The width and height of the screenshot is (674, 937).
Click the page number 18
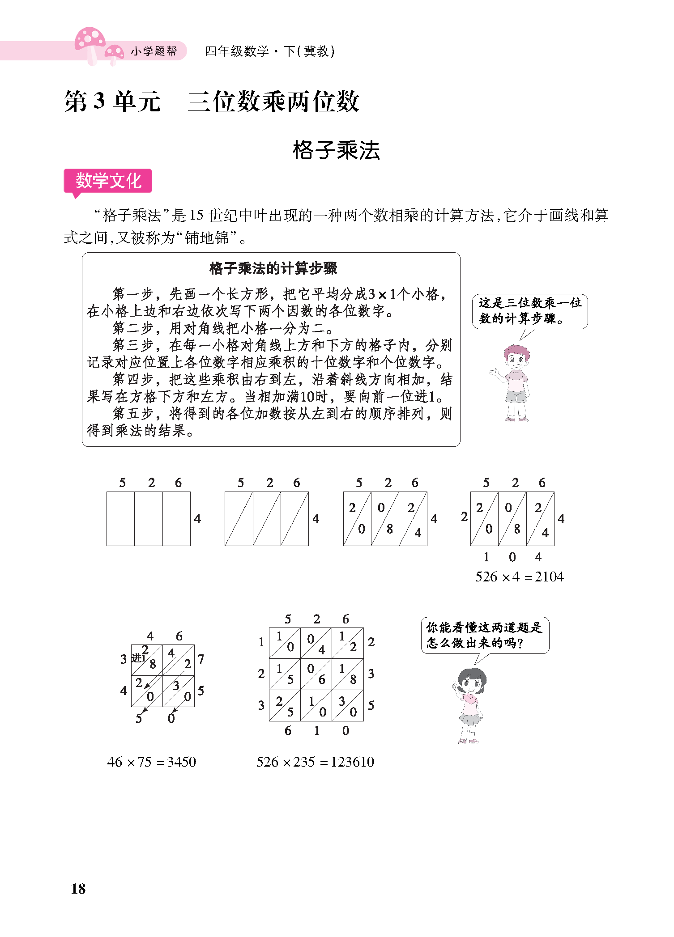(78, 889)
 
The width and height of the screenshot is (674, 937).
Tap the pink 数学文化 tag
(108, 181)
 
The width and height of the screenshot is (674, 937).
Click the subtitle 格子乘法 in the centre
(336, 150)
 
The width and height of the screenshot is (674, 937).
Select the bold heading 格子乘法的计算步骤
(273, 268)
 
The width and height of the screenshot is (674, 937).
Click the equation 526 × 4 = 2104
(519, 577)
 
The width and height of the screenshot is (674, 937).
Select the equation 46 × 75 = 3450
(152, 762)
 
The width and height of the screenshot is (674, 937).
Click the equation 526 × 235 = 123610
(315, 762)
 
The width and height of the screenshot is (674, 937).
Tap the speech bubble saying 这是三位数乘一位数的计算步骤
(530, 311)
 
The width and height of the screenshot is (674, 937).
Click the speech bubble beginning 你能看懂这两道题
(484, 635)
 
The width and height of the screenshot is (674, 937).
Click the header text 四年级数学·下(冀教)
(270, 51)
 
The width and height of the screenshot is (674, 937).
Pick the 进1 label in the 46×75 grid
(138, 658)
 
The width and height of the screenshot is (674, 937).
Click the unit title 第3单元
(112, 102)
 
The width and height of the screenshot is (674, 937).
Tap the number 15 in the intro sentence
(196, 216)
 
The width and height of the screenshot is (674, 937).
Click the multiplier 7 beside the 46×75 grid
(201, 659)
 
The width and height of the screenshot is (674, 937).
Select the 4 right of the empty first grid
(197, 519)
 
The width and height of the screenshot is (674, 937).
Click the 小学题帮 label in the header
(154, 51)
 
